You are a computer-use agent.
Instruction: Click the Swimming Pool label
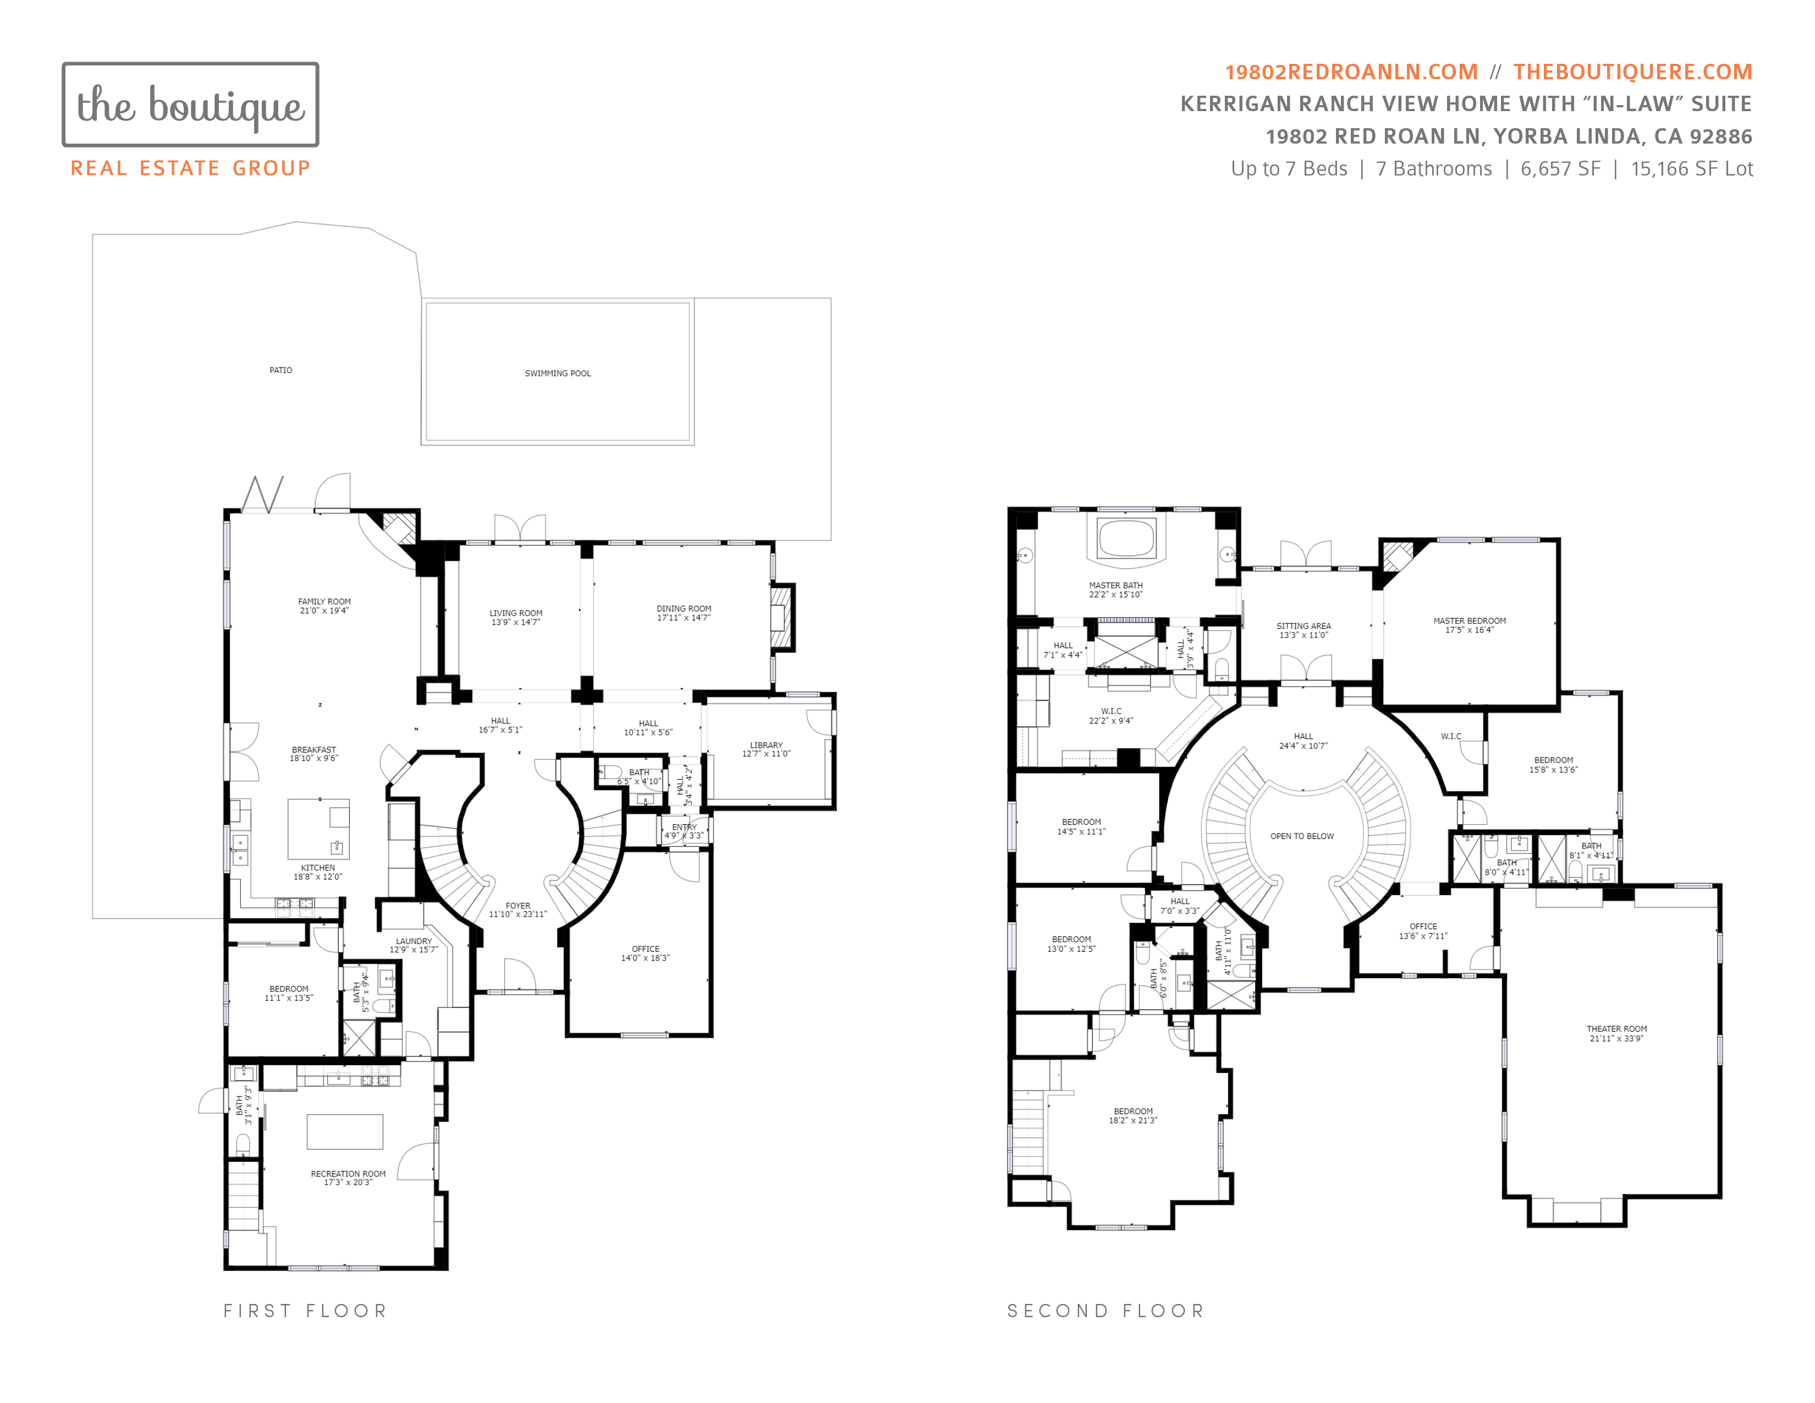(x=558, y=373)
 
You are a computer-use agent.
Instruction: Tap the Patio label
(x=281, y=370)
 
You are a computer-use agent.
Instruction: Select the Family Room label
(x=324, y=601)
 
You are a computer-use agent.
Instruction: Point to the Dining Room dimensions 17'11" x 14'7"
(x=684, y=617)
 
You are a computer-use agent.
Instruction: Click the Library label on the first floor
(x=766, y=745)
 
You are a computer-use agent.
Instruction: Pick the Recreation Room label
(x=348, y=1174)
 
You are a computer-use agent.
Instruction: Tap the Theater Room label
(x=1616, y=1028)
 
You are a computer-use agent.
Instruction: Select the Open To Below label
(x=1302, y=836)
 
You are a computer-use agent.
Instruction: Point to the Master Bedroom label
(x=1469, y=620)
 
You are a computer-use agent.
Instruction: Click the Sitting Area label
(x=1304, y=626)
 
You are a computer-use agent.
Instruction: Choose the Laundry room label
(x=414, y=941)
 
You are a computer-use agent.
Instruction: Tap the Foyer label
(x=518, y=906)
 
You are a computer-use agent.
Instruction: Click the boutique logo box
(x=190, y=105)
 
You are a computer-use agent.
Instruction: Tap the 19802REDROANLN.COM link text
(x=1351, y=72)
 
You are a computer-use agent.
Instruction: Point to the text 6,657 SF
(x=1560, y=169)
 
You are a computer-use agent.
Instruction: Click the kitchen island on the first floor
(x=318, y=829)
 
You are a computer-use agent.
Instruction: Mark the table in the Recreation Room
(x=345, y=1131)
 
